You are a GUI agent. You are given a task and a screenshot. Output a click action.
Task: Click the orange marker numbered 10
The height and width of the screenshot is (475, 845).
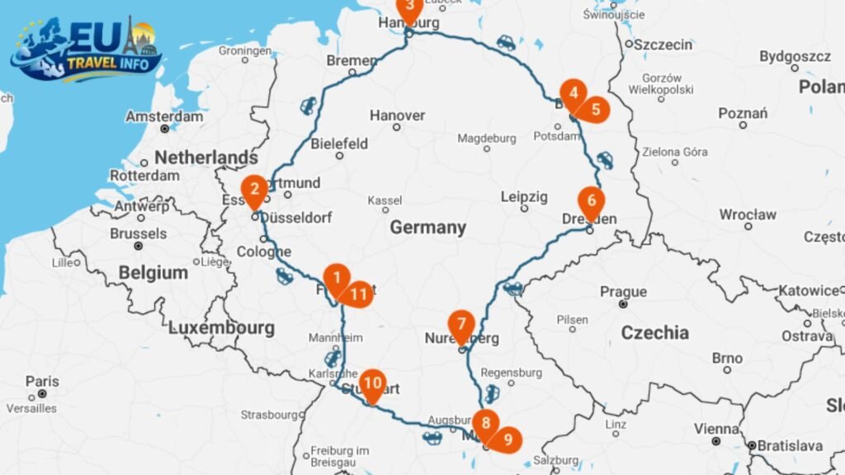372,383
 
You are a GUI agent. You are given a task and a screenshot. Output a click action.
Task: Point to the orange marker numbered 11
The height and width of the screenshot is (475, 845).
358,294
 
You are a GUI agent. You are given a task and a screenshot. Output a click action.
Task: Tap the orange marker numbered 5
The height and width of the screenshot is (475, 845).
594,109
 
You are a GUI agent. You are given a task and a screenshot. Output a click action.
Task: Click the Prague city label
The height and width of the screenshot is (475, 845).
623,292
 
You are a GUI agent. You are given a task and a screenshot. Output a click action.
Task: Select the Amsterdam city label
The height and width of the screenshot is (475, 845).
164,116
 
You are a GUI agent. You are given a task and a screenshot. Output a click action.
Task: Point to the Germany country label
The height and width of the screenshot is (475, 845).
427,227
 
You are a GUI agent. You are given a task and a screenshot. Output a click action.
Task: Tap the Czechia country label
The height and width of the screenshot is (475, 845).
654,332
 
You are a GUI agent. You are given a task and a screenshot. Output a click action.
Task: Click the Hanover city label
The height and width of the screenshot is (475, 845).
397,115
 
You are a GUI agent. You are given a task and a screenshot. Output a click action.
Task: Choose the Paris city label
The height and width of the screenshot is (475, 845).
42,381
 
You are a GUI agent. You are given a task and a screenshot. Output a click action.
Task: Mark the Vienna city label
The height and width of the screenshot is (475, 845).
716,429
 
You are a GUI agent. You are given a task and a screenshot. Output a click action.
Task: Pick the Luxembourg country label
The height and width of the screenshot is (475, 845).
221,328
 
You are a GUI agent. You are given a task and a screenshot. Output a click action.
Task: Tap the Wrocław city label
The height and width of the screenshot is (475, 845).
747,214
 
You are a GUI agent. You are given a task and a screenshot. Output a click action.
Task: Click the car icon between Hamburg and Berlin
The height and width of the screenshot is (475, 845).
505,42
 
